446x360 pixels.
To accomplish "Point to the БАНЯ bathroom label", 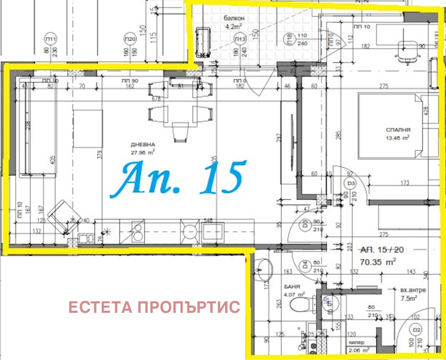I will (x=292, y=287).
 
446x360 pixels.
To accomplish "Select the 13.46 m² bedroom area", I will (x=398, y=138).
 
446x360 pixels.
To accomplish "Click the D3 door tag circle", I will (x=350, y=183).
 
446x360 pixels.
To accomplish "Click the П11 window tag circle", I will (x=51, y=39).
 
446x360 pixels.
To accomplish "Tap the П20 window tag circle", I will (x=130, y=39).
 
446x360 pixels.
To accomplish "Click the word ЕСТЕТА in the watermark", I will (x=100, y=307).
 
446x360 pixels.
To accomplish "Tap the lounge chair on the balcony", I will (x=203, y=41).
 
